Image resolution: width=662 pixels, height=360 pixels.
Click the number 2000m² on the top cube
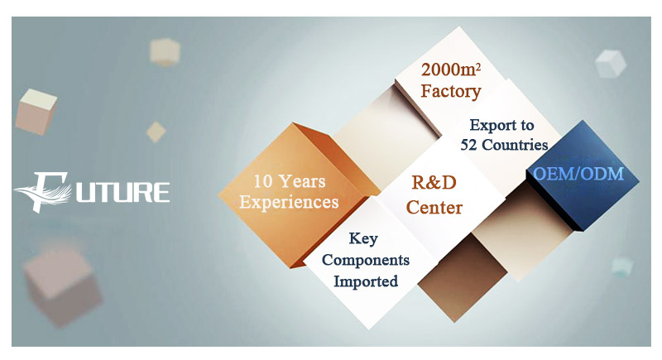pyautogui.click(x=451, y=70)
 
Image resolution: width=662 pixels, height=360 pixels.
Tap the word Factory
pyautogui.click(x=451, y=92)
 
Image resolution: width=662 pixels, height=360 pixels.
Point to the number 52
pyautogui.click(x=469, y=145)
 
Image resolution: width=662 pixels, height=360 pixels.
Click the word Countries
pyautogui.click(x=515, y=145)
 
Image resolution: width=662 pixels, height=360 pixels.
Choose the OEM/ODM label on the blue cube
pyautogui.click(x=578, y=174)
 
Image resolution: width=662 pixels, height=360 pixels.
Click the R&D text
pyautogui.click(x=434, y=183)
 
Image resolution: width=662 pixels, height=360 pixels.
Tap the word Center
pyautogui.click(x=434, y=207)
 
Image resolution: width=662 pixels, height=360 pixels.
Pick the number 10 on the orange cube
pyautogui.click(x=263, y=182)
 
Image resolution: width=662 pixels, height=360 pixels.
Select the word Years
pyautogui.click(x=302, y=181)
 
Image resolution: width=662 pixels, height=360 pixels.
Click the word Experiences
pyautogui.click(x=289, y=202)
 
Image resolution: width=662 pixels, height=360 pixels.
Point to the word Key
pyautogui.click(x=363, y=239)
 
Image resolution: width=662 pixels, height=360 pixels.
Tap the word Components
pyautogui.click(x=366, y=260)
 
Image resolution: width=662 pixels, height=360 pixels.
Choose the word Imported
pyautogui.click(x=366, y=281)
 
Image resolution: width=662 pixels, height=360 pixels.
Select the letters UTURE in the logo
pyautogui.click(x=122, y=193)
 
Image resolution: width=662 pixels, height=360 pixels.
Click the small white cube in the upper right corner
pyautogui.click(x=611, y=64)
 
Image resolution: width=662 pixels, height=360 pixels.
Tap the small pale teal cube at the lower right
pyautogui.click(x=622, y=267)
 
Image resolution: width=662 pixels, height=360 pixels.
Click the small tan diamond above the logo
pyautogui.click(x=156, y=132)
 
